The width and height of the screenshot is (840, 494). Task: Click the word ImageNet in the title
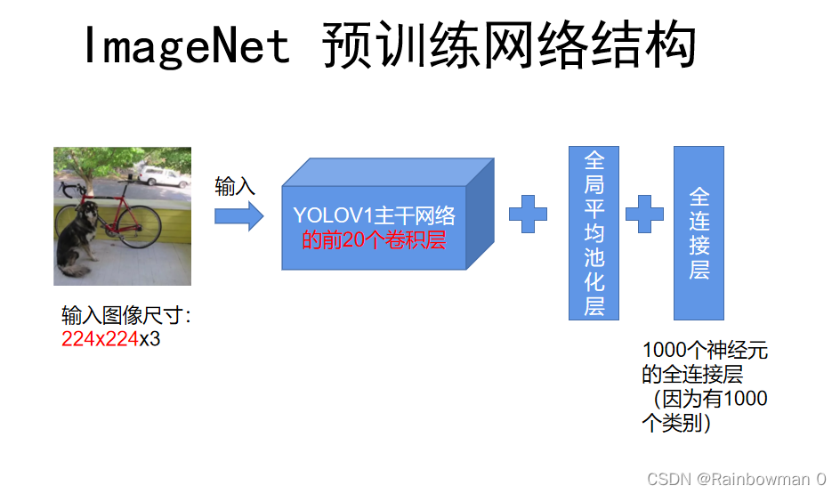tap(187, 45)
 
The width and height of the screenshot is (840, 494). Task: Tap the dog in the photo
tap(79, 236)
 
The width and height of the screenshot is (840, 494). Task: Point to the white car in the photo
tap(163, 175)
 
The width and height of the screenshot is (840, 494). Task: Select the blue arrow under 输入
tap(239, 215)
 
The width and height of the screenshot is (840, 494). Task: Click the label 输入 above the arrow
tap(235, 187)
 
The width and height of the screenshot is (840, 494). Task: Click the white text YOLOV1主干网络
tap(374, 215)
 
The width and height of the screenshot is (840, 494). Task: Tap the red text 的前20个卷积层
tap(374, 239)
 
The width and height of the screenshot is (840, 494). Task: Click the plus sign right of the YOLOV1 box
tap(528, 215)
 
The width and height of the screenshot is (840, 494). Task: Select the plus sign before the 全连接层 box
tap(644, 215)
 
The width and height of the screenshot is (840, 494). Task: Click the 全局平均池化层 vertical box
tap(594, 233)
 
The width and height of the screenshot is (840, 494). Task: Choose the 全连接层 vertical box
tap(699, 233)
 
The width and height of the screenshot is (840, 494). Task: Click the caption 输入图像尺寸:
tap(125, 316)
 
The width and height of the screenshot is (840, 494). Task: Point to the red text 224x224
tap(100, 339)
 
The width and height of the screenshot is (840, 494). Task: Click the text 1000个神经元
tap(704, 351)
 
